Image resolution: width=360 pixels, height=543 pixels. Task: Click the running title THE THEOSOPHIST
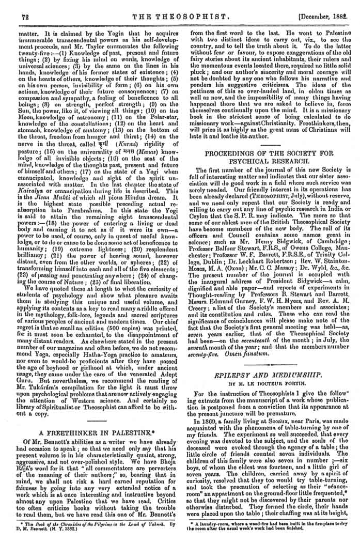179,17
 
